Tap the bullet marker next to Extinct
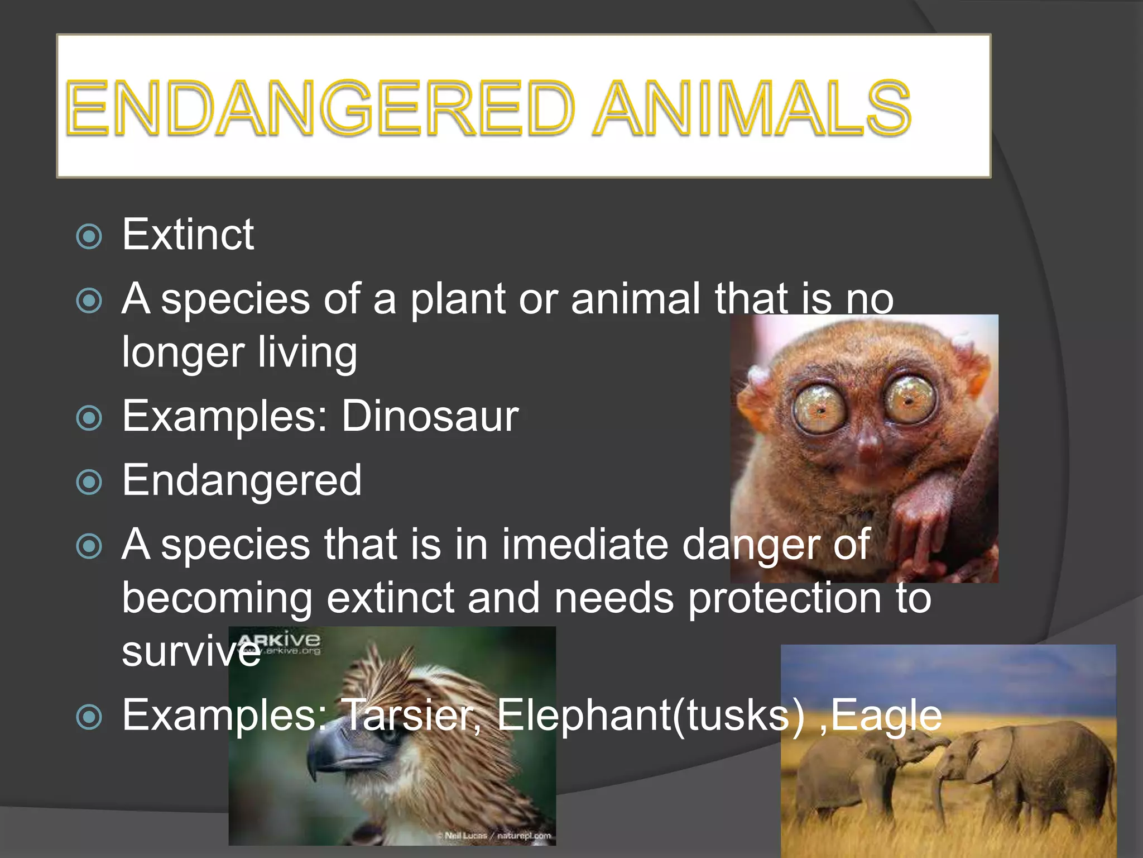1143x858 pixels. pos(89,237)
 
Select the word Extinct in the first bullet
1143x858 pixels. pos(188,235)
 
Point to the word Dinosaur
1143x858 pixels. pos(430,416)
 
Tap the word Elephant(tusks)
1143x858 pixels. pos(650,716)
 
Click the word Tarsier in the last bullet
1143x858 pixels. pos(410,716)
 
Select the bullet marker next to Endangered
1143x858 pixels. pos(89,482)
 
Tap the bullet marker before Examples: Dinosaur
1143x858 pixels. pos(89,418)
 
